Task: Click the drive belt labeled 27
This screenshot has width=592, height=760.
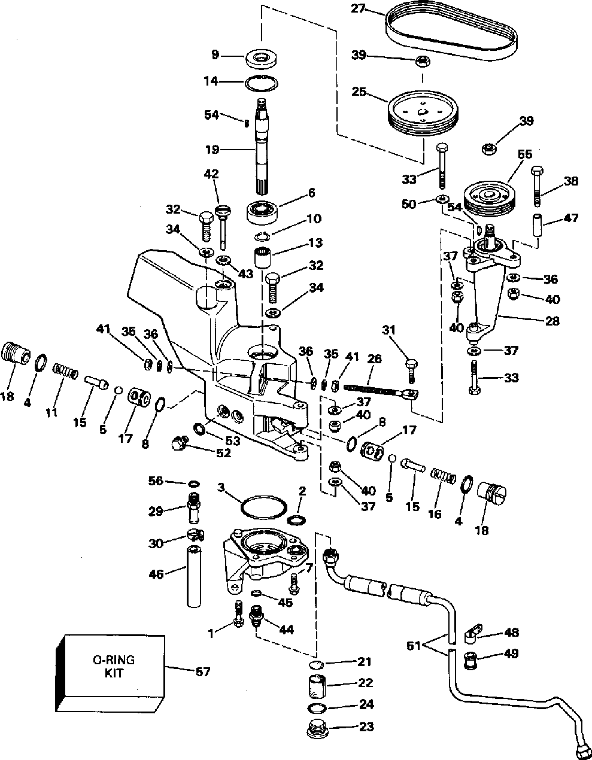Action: pyautogui.click(x=451, y=36)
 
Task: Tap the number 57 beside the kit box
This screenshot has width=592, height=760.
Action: pyautogui.click(x=203, y=671)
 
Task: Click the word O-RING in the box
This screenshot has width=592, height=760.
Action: pyautogui.click(x=114, y=660)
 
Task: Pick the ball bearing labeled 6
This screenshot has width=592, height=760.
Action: pyautogui.click(x=262, y=211)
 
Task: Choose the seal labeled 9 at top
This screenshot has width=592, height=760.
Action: pyautogui.click(x=262, y=58)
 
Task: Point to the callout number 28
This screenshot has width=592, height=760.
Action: pyautogui.click(x=552, y=321)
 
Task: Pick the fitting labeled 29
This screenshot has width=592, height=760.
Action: pyautogui.click(x=193, y=507)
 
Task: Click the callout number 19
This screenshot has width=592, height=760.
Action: pyautogui.click(x=212, y=150)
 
